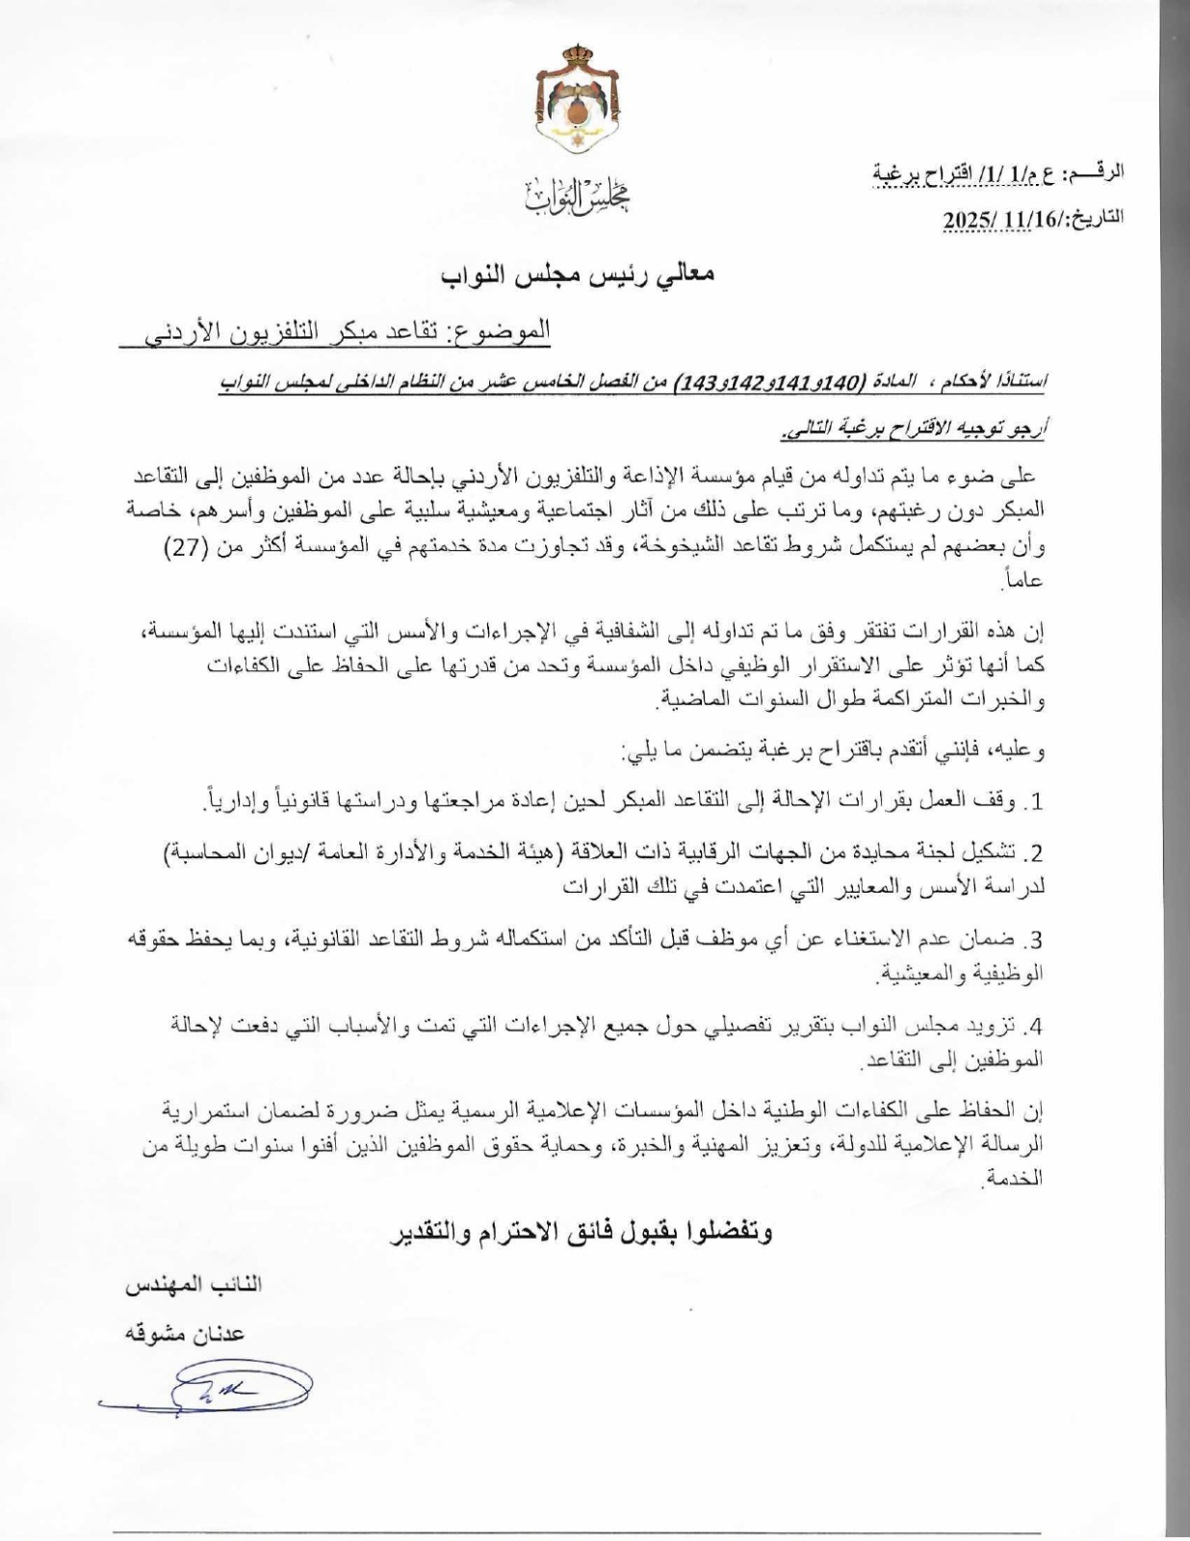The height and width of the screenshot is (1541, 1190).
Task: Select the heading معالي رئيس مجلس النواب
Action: point(578,275)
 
